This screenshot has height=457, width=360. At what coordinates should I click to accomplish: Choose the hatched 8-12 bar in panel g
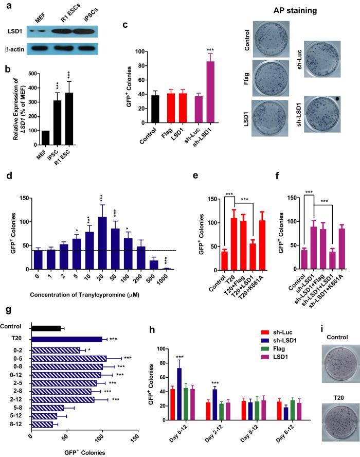pos(42,410)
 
